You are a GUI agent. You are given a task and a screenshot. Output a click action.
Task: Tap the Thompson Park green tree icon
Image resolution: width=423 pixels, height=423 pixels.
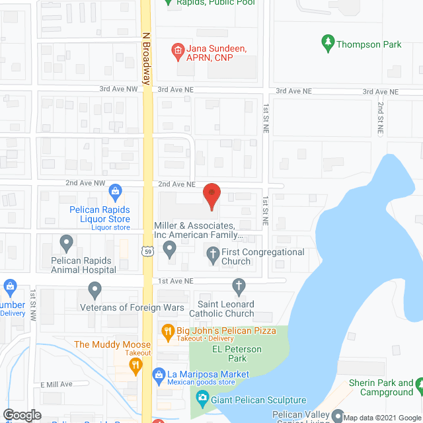coord(327,44)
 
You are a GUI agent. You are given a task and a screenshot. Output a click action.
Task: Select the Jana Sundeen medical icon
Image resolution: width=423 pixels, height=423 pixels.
coord(176,49)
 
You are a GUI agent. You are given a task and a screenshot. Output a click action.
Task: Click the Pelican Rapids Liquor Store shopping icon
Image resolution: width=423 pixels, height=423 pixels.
coord(115,192)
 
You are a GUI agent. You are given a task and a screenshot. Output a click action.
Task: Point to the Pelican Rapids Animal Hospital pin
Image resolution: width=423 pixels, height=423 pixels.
coord(66,243)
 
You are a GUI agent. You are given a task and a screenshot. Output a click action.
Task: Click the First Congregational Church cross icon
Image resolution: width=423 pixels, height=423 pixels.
coord(213,252)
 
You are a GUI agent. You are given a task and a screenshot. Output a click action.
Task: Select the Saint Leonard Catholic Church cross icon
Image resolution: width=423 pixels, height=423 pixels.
coord(239,286)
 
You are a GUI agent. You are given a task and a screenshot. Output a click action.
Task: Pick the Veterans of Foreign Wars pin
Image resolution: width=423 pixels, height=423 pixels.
coord(95,289)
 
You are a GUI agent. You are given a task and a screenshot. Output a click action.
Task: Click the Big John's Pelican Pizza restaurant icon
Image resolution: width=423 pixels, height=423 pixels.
coord(168,330)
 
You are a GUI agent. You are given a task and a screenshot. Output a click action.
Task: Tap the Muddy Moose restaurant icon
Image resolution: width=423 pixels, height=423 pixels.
coord(135,364)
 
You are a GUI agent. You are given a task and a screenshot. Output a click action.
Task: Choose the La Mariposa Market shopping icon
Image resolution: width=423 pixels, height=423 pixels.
coord(159,375)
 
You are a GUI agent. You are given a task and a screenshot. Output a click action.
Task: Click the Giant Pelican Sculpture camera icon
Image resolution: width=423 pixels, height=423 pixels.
coord(202,399)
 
